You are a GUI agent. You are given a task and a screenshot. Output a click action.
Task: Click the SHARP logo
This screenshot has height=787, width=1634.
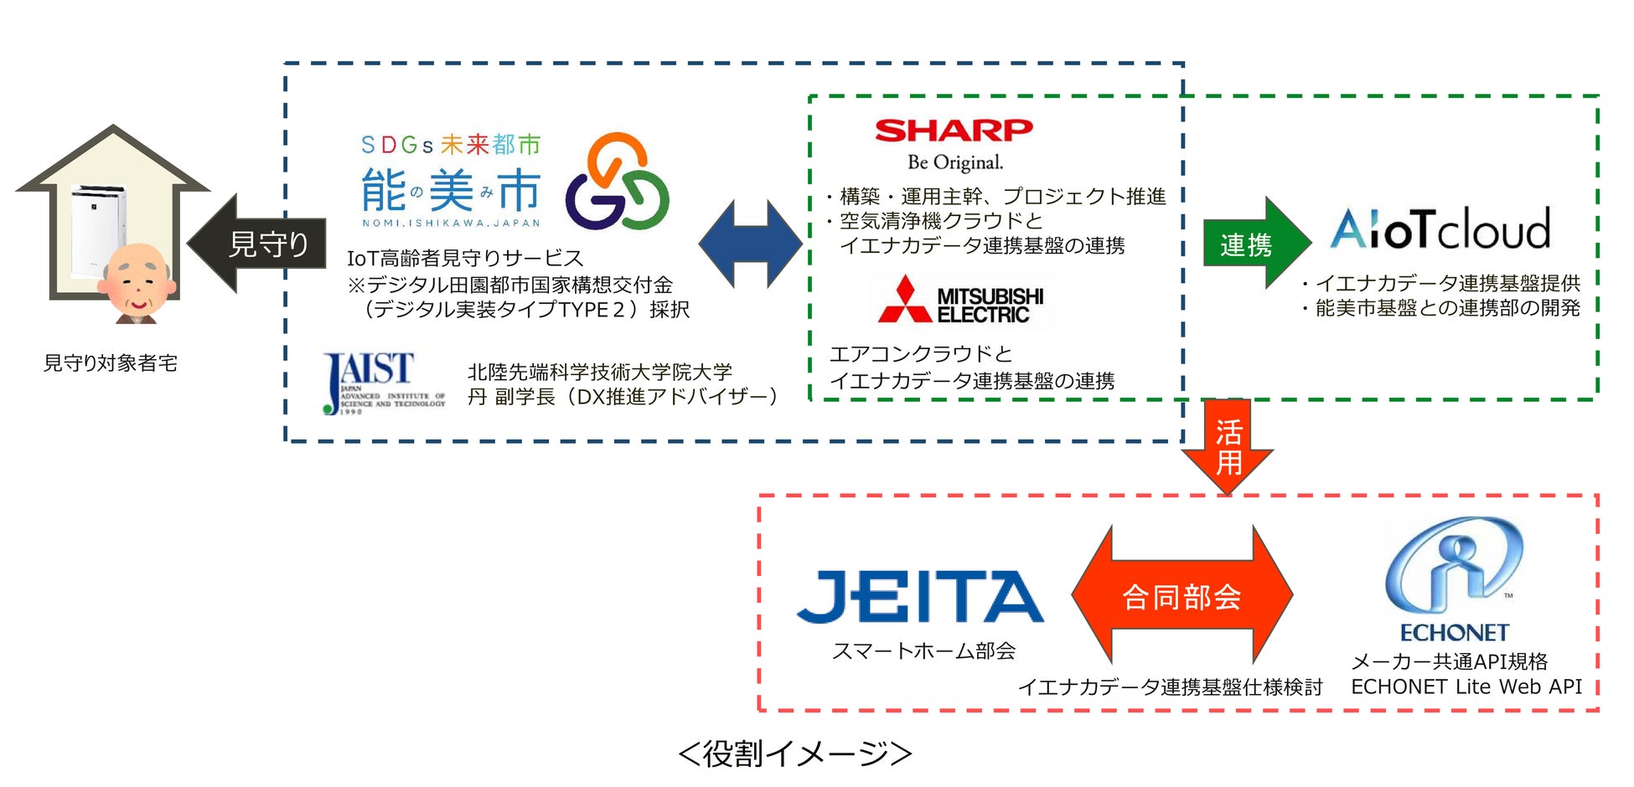point(954,131)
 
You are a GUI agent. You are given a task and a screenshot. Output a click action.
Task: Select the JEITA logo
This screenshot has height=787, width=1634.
point(919,596)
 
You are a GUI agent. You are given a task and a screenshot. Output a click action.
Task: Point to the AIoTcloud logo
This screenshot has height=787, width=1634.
point(1440,229)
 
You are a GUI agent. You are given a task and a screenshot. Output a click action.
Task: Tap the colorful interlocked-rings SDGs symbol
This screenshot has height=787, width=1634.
point(617,183)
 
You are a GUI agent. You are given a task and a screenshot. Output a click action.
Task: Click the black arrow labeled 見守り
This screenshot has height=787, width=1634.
point(258,244)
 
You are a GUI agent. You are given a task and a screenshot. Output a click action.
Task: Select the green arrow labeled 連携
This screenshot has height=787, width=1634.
point(1254,244)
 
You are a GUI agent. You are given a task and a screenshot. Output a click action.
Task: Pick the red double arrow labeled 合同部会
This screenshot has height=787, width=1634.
point(1182,596)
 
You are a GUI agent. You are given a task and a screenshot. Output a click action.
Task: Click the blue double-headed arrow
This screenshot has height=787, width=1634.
point(750,244)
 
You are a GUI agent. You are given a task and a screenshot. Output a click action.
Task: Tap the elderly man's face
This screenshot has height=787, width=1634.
point(137,280)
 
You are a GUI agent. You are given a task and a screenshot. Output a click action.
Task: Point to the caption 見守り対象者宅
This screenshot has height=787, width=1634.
point(111,363)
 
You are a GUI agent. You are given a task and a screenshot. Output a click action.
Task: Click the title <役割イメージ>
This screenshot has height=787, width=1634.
point(794,754)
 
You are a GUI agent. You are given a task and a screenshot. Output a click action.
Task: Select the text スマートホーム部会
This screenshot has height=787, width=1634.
point(923,651)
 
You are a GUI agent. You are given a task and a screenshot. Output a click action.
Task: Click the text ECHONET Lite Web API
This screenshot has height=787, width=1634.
point(1466,687)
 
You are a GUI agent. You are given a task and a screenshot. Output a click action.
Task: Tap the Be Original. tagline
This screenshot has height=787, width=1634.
point(955,162)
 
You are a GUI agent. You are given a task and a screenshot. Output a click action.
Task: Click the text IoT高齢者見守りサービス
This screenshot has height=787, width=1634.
point(465,258)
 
